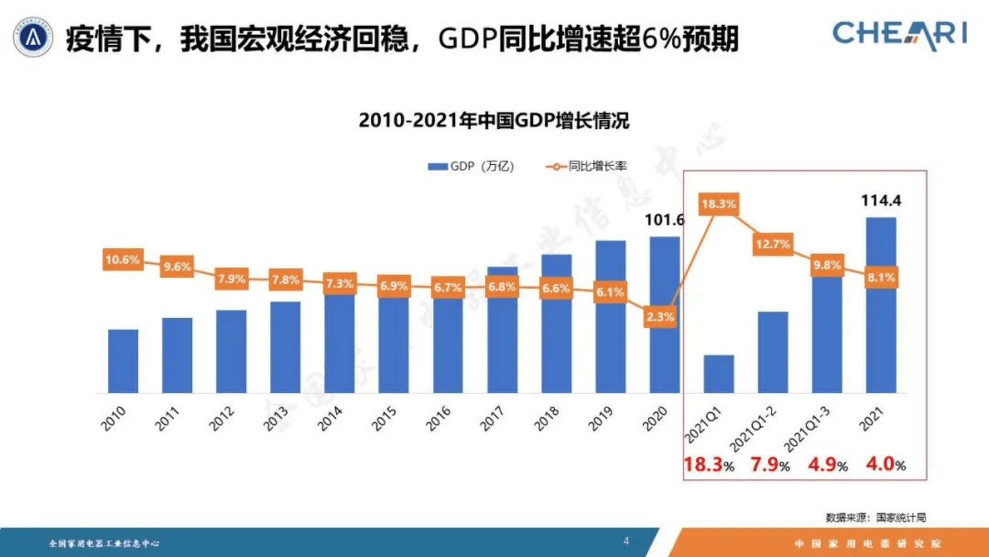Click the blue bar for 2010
pos(123,361)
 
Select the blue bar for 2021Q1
pos(719,374)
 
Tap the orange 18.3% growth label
pos(719,204)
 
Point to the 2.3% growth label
pos(659,317)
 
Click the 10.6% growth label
pos(123,259)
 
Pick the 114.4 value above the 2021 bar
pos(881,201)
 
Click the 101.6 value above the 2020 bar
pos(664,220)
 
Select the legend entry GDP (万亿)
pos(471,167)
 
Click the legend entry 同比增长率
pos(586,167)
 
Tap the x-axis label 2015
pos(385,419)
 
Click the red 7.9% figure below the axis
pos(770,465)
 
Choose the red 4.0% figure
pos(885,465)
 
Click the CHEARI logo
pos(899,34)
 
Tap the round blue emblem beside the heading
pos(33,37)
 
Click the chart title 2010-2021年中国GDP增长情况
pos(494,120)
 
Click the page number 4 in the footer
pos(626,541)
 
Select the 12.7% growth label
pos(773,244)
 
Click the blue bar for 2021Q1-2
pos(773,352)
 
